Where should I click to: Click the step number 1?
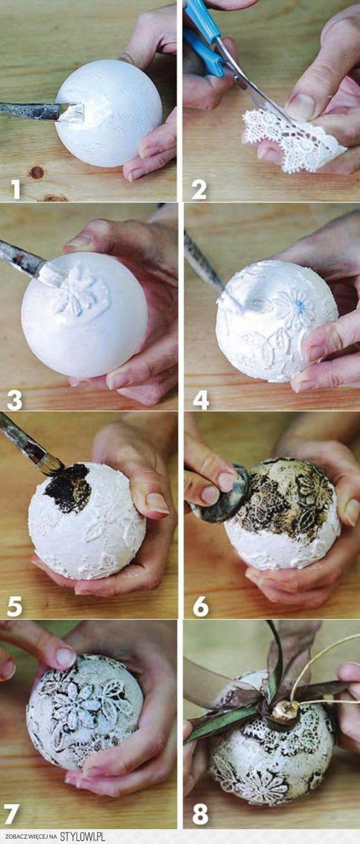16,189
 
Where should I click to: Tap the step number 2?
199,189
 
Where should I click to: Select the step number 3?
15,400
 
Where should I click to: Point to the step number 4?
201,400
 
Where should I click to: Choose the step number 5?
14,607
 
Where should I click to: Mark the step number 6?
200,607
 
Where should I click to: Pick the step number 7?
11,814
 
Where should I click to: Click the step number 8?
200,814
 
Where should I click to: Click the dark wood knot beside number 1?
37,172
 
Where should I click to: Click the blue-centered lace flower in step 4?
294,307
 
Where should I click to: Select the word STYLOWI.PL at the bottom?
82,836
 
